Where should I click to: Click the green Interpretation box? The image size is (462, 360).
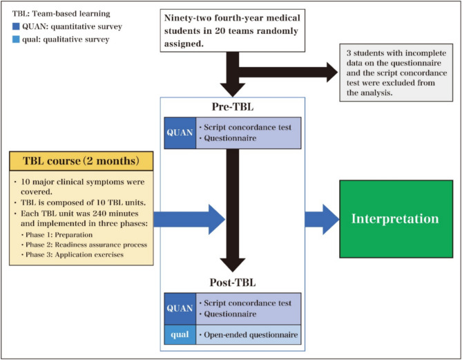click(x=395, y=219)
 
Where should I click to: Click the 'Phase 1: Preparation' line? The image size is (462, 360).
click(x=61, y=235)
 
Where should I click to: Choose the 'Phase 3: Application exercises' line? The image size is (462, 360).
click(x=76, y=255)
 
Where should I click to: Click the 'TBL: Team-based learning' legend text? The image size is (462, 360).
click(x=48, y=12)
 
